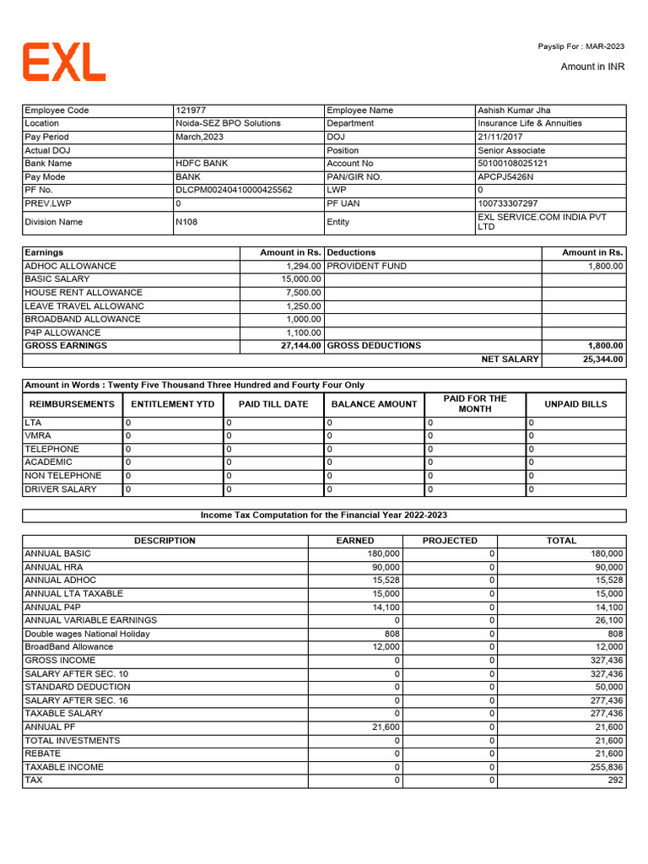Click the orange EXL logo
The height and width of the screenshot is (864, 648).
click(64, 62)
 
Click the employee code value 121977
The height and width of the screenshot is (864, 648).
click(190, 111)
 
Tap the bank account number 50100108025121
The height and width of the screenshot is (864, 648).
click(512, 164)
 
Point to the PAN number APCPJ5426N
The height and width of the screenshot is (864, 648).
click(506, 177)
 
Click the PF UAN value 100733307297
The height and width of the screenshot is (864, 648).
click(507, 203)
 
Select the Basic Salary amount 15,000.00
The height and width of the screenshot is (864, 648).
click(301, 279)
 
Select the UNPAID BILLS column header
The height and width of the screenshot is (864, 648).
click(575, 404)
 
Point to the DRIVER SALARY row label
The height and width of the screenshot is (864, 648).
click(61, 489)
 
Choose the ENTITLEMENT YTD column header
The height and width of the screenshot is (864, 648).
click(173, 404)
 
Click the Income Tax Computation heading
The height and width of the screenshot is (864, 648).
click(324, 516)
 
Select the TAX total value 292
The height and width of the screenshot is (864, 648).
click(615, 780)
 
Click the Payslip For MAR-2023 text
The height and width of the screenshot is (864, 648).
click(581, 46)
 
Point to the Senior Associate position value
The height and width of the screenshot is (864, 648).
click(511, 150)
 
